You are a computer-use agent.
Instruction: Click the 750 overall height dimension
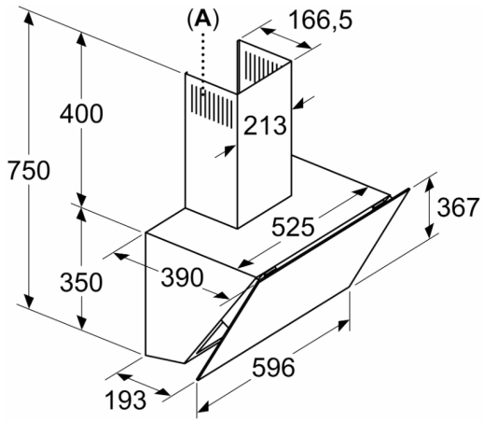coord(29,170)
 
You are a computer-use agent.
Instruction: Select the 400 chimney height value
coord(81,114)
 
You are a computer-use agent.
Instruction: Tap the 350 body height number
coord(81,282)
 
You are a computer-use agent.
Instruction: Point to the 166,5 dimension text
coord(321,20)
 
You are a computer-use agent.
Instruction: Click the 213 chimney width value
coord(265,125)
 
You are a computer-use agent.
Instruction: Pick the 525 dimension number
coord(293,227)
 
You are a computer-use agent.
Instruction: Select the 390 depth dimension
coord(182,277)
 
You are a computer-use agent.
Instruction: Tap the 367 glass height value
coord(458,207)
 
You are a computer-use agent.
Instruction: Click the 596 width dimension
coord(273,368)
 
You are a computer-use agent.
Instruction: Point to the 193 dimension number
coord(126,400)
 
